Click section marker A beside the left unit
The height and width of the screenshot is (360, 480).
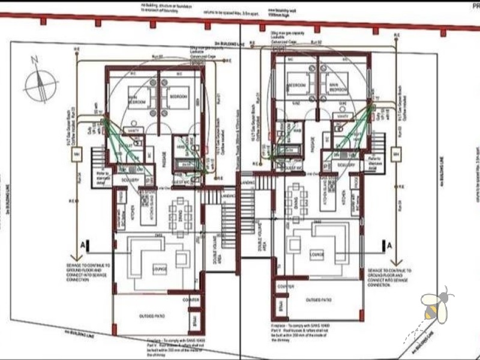[86, 245]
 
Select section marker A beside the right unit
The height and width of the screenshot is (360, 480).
[388, 245]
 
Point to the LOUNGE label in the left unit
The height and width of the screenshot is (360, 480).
[160, 269]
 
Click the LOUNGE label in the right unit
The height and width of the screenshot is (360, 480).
[317, 254]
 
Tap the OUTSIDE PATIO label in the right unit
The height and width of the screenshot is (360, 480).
[319, 299]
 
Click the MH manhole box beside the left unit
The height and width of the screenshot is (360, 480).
[76, 156]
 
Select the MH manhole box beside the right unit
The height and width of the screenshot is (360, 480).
[397, 152]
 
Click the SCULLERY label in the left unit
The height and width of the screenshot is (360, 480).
[131, 180]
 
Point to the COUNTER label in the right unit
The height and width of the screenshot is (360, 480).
[286, 287]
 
